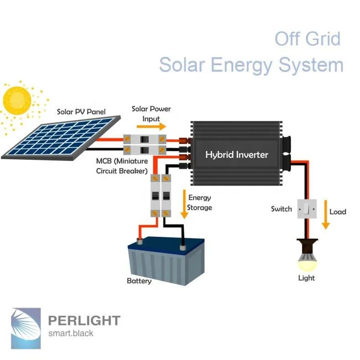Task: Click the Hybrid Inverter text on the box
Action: [x=237, y=154]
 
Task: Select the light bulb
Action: [x=306, y=260]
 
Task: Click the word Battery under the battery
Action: [x=139, y=281]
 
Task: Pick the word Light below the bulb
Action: [x=306, y=278]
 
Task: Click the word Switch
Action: [x=281, y=209]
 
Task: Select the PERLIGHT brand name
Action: [x=84, y=320]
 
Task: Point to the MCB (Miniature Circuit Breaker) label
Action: [x=122, y=166]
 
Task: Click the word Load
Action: [x=338, y=211]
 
